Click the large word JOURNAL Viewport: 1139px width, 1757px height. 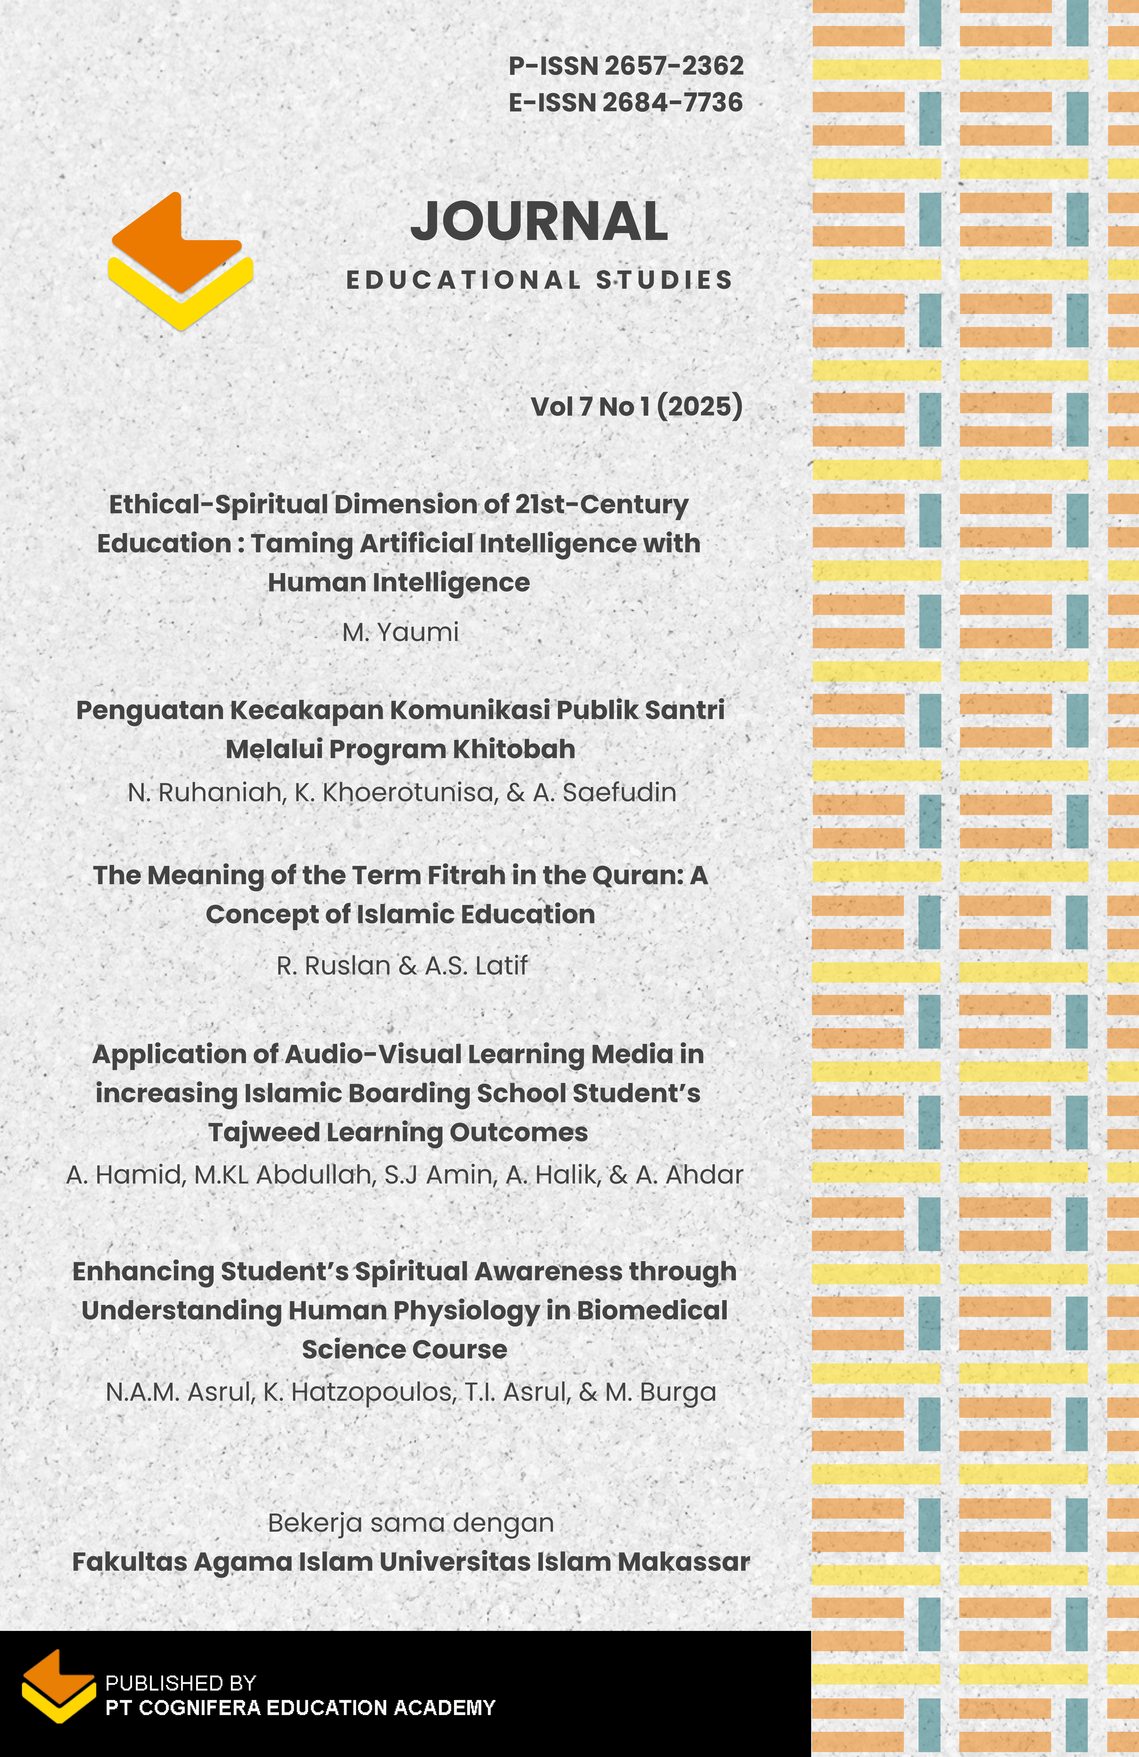click(x=539, y=221)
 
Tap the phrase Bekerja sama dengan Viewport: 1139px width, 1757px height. click(x=410, y=1523)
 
